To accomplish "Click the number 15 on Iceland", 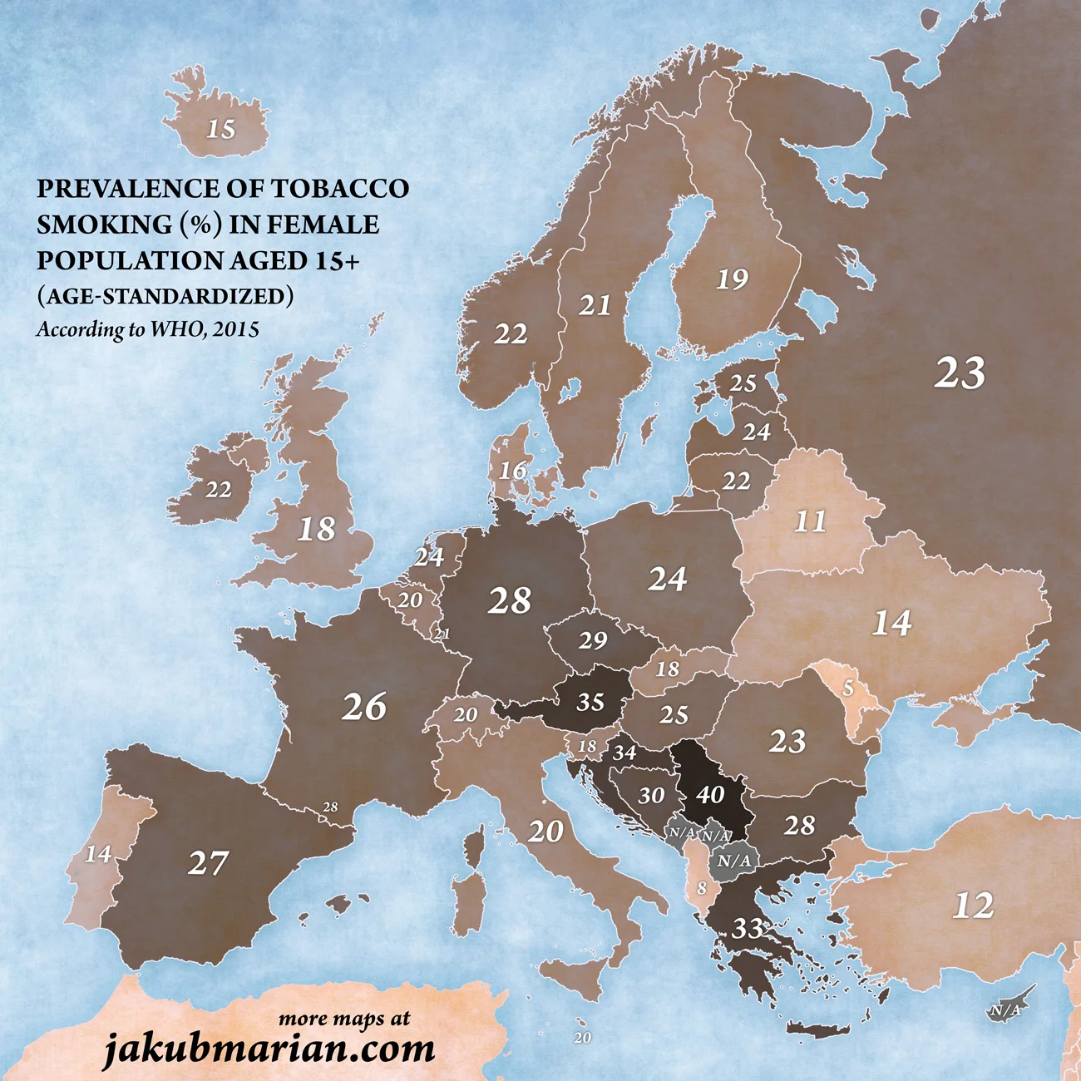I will click(x=221, y=129).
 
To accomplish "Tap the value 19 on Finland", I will click(x=732, y=279).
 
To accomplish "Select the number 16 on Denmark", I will click(x=513, y=471).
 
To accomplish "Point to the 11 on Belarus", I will click(x=810, y=521).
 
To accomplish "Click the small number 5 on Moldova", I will click(x=848, y=689).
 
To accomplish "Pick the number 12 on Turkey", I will click(x=973, y=906).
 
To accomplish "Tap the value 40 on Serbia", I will click(x=710, y=795).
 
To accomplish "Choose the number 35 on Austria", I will click(x=590, y=702).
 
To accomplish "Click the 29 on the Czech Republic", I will click(x=593, y=641).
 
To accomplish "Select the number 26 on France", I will click(x=364, y=707).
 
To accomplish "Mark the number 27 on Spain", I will click(x=207, y=863).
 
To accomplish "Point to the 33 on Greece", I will click(x=748, y=928).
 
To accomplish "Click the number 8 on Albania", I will click(x=702, y=888).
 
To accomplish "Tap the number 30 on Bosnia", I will click(x=651, y=796).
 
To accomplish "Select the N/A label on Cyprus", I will click(x=1004, y=1010).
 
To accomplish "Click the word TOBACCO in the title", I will click(x=340, y=189).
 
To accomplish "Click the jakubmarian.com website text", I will click(x=269, y=1049).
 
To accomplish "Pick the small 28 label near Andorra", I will click(x=330, y=807).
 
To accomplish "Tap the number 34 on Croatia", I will click(x=624, y=753).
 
